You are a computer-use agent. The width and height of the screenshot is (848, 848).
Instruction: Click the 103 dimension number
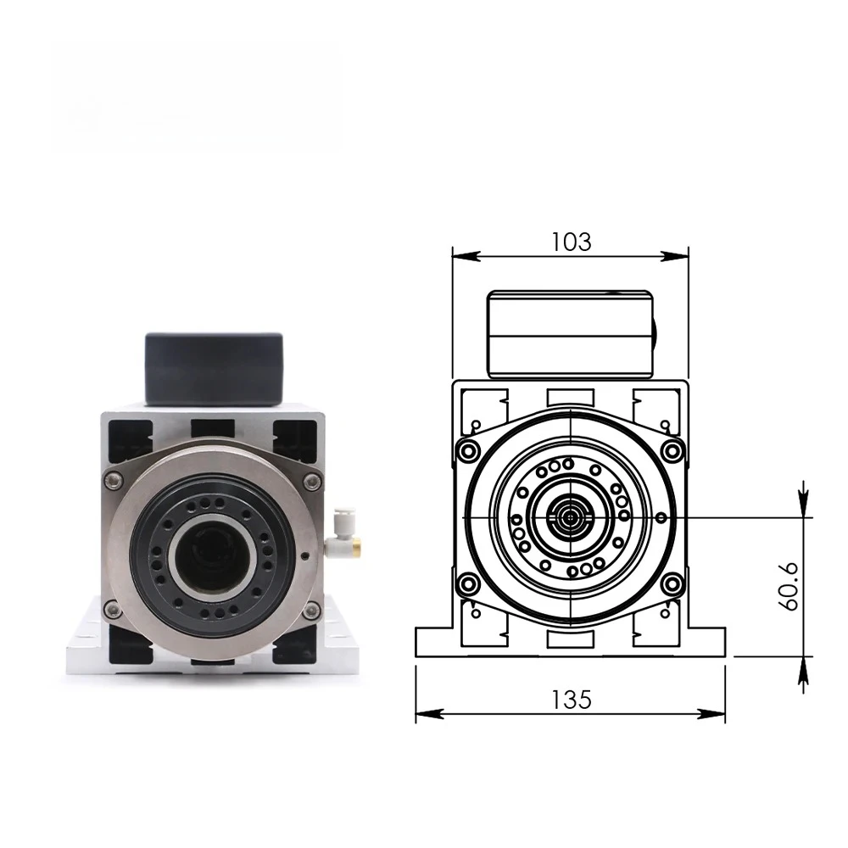pos(571,242)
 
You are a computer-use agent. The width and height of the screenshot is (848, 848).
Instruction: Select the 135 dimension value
pos(571,700)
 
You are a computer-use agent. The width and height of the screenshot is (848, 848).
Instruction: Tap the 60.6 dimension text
pos(789,586)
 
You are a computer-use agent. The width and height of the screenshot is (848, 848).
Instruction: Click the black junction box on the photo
pos(215,368)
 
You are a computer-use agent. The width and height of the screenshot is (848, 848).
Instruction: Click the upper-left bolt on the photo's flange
pos(113,480)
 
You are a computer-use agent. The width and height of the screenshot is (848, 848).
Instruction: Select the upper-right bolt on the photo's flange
pos(311,480)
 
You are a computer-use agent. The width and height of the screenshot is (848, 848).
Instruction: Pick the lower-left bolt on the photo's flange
pos(113,609)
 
